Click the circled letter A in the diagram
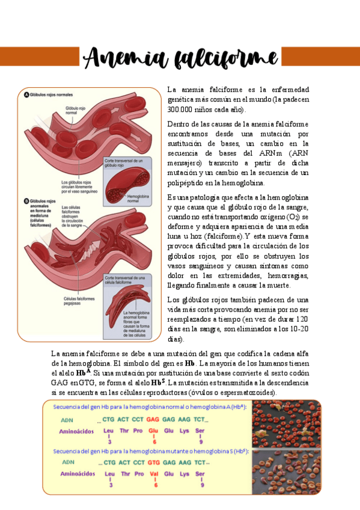point(27,95)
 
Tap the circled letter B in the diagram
point(27,201)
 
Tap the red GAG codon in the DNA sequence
point(153,419)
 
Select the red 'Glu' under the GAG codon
point(153,431)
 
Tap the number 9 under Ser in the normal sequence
point(202,441)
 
